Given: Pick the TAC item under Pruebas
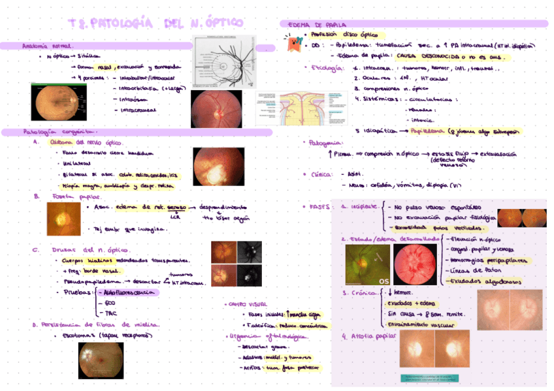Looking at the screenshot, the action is pyautogui.click(x=111, y=313).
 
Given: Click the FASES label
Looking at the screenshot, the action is pyautogui.click(x=320, y=206).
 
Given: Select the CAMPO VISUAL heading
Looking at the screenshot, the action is pyautogui.click(x=248, y=304).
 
